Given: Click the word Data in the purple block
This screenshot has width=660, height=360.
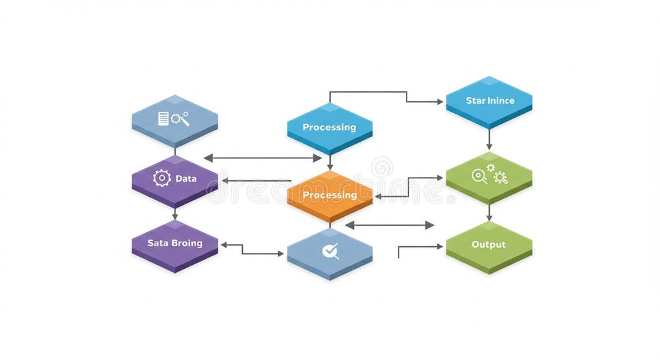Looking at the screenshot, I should tap(186, 179).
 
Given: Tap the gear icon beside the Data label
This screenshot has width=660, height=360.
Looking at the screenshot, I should tap(162, 178).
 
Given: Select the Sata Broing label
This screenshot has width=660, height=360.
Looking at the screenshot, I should tap(175, 243).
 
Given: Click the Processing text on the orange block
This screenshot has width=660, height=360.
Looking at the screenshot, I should tap(329, 195).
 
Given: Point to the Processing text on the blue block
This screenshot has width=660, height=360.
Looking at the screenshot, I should tap(329, 127).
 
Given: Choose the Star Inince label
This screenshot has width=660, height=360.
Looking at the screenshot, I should tap(490, 101).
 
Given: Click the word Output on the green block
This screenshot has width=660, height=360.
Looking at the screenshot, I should tap(488, 244).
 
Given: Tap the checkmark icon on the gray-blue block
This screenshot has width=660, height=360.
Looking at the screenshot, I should tap(330, 251).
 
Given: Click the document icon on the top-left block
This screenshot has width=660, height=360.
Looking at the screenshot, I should tap(163, 118).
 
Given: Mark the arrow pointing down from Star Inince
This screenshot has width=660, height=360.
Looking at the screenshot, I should tap(489, 138).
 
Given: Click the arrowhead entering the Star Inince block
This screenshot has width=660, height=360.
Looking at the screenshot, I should tap(439, 102).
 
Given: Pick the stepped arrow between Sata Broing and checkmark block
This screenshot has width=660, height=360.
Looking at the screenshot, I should tap(252, 250).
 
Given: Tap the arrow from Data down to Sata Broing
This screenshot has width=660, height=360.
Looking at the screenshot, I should tap(175, 214).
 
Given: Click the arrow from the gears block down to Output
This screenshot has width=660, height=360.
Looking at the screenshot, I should tap(489, 213).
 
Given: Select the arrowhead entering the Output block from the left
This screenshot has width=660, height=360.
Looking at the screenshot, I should tap(439, 247).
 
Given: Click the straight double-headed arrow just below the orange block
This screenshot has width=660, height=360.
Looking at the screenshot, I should tap(389, 225).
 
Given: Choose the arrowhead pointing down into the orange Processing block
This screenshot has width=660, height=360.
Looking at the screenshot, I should tap(330, 166).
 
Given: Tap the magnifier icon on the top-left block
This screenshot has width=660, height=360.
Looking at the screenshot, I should tap(180, 118).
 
